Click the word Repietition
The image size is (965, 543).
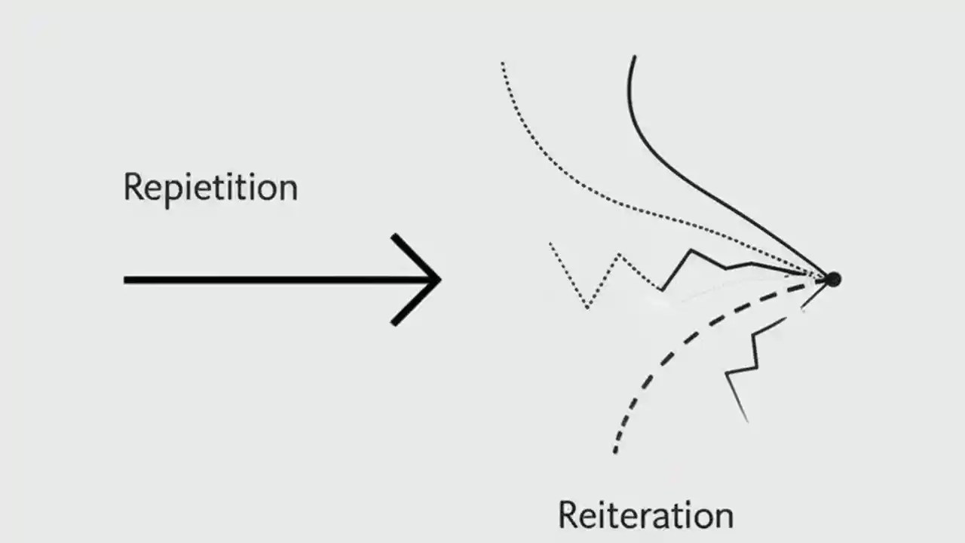coord(210,188)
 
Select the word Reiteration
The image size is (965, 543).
coord(645,515)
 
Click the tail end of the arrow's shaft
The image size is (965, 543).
coord(125,280)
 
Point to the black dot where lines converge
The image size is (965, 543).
coord(832,279)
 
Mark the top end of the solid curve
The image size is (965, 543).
coord(634,56)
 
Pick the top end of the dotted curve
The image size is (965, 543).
coord(502,63)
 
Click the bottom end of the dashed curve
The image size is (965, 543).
coord(615,452)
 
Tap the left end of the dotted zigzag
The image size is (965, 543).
coord(550,244)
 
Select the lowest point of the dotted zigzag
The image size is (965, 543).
coord(587,308)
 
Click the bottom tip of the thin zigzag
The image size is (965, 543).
coord(747,422)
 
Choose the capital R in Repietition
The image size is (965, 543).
coord(133,186)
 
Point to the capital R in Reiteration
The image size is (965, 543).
coord(568,514)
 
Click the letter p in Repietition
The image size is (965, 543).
coord(170,192)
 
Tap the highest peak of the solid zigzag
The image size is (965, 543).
coord(690,250)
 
